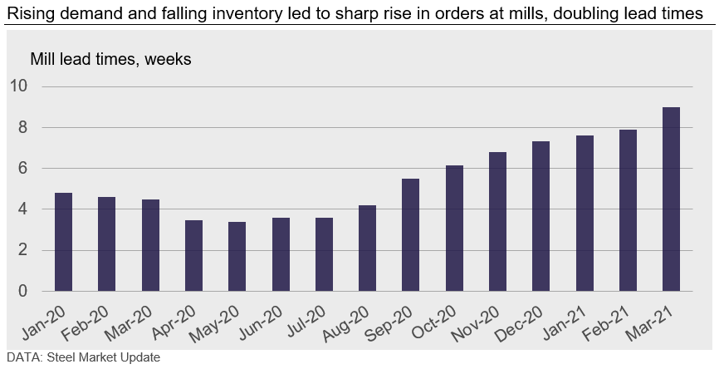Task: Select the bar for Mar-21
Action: [671, 199]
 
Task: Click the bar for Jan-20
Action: [63, 242]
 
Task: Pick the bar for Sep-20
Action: [410, 235]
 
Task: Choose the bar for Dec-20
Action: [541, 216]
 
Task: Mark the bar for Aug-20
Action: [367, 248]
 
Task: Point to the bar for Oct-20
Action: [454, 229]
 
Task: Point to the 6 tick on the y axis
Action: [23, 169]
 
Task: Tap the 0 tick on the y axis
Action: [23, 292]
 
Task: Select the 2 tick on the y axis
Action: [23, 251]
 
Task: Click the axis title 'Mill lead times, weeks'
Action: [110, 60]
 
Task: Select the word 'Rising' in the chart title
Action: [27, 12]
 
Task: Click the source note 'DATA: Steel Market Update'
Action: [82, 358]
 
